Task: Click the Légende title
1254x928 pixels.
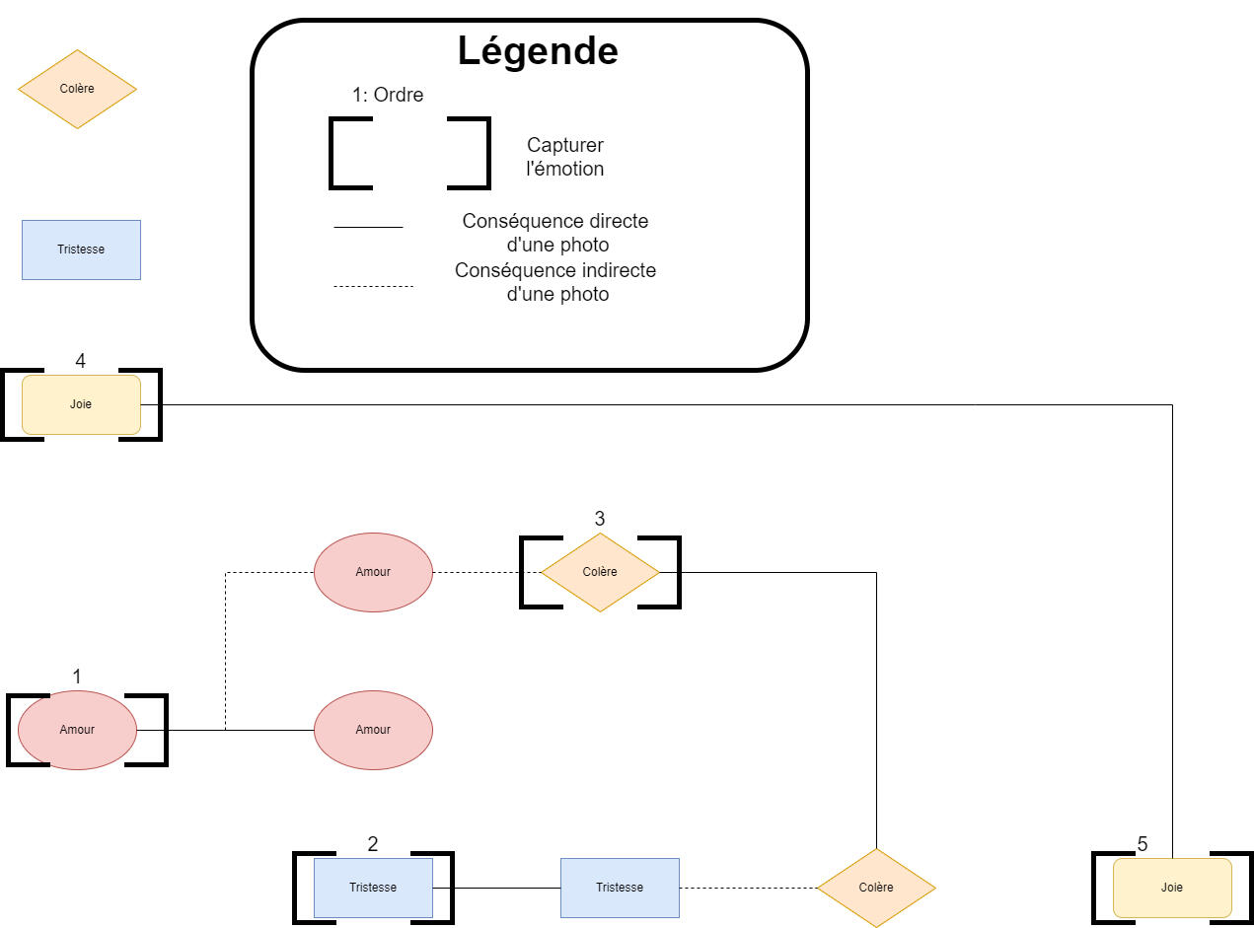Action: (x=538, y=50)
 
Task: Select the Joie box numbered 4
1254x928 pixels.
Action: (x=81, y=404)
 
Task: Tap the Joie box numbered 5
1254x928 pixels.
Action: (x=1172, y=888)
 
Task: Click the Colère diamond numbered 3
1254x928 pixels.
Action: (x=600, y=572)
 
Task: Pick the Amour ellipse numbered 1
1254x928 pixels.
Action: (x=77, y=730)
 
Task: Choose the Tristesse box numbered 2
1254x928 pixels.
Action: (x=373, y=888)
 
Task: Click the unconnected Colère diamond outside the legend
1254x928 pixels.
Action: (x=77, y=89)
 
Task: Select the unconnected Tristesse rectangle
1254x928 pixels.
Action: (x=81, y=250)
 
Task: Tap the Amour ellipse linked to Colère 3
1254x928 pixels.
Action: (x=373, y=572)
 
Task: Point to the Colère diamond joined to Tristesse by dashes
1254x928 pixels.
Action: (x=876, y=888)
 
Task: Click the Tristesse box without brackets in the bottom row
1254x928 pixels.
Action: (x=620, y=888)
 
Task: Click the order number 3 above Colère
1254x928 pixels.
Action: (x=600, y=519)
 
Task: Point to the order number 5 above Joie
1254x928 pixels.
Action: (x=1143, y=844)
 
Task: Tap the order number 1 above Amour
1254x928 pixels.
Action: (x=77, y=677)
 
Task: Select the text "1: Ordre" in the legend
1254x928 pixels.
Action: (x=388, y=96)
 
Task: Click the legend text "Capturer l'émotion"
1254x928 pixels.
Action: (x=565, y=157)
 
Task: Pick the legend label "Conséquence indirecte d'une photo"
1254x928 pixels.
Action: (x=556, y=282)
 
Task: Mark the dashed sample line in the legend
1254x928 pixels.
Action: (x=373, y=286)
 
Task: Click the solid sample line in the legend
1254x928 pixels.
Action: (x=368, y=227)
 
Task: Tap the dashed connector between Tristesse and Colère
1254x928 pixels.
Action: (x=748, y=888)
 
